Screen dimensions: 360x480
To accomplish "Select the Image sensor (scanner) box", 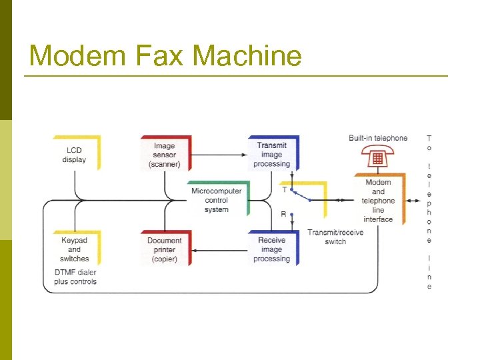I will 165,154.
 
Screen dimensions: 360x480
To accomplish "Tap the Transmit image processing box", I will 272,154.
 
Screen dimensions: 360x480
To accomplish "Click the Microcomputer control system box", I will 217,200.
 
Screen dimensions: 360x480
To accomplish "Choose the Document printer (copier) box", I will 165,249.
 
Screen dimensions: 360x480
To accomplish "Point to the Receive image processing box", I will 272,249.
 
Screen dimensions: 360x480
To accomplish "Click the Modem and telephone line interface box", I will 378,200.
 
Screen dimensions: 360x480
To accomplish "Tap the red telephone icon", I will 377,158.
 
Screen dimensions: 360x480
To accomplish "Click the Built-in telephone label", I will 378,138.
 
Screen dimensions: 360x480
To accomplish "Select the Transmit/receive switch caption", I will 335,237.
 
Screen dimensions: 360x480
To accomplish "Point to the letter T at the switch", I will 285,189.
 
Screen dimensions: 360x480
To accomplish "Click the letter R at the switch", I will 285,215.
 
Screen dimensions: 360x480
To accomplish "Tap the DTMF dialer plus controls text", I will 75,277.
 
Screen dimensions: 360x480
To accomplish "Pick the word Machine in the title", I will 248,55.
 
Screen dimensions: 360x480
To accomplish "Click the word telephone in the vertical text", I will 429,203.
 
